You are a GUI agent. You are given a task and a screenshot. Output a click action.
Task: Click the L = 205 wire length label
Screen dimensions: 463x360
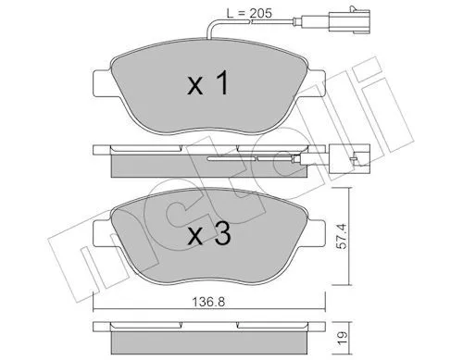(x=249, y=13)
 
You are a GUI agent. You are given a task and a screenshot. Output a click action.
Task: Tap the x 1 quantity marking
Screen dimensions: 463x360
(x=208, y=83)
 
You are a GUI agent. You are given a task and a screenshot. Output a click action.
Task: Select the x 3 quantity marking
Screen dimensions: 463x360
(x=209, y=234)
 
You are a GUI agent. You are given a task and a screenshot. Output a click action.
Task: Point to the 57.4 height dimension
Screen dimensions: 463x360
(x=342, y=237)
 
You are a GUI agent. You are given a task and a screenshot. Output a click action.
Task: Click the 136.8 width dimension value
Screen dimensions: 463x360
(x=208, y=302)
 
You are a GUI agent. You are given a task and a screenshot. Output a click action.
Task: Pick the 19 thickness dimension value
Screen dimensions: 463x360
(x=342, y=335)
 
